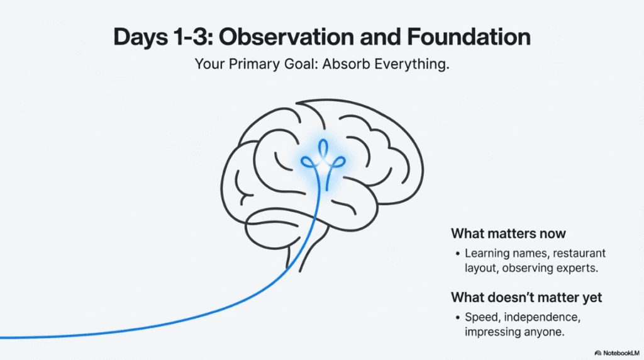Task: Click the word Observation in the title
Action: coord(286,37)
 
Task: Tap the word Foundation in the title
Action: coord(469,37)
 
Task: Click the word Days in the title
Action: coord(140,38)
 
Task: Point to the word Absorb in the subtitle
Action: coord(347,64)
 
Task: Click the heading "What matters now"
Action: coord(508,233)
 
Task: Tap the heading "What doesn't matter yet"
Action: coord(526,297)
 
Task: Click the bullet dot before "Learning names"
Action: coord(458,254)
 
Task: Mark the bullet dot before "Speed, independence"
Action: coord(458,317)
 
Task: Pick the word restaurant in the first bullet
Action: coord(579,253)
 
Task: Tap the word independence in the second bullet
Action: coord(542,317)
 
